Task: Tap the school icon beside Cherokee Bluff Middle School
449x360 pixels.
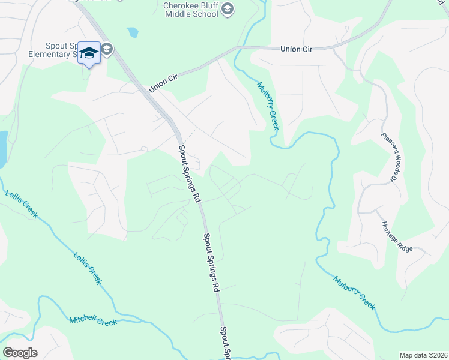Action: click(x=227, y=8)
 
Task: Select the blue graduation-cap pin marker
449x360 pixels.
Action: click(x=89, y=54)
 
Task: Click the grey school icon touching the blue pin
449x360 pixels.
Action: click(x=107, y=49)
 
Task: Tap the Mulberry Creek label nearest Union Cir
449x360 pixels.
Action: click(x=269, y=106)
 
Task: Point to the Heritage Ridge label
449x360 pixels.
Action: click(x=397, y=236)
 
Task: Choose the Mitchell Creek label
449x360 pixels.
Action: click(x=93, y=321)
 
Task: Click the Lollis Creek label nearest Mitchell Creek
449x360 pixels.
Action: click(x=88, y=268)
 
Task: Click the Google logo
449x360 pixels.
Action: click(x=20, y=352)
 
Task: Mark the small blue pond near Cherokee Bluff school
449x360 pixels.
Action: click(x=132, y=32)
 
